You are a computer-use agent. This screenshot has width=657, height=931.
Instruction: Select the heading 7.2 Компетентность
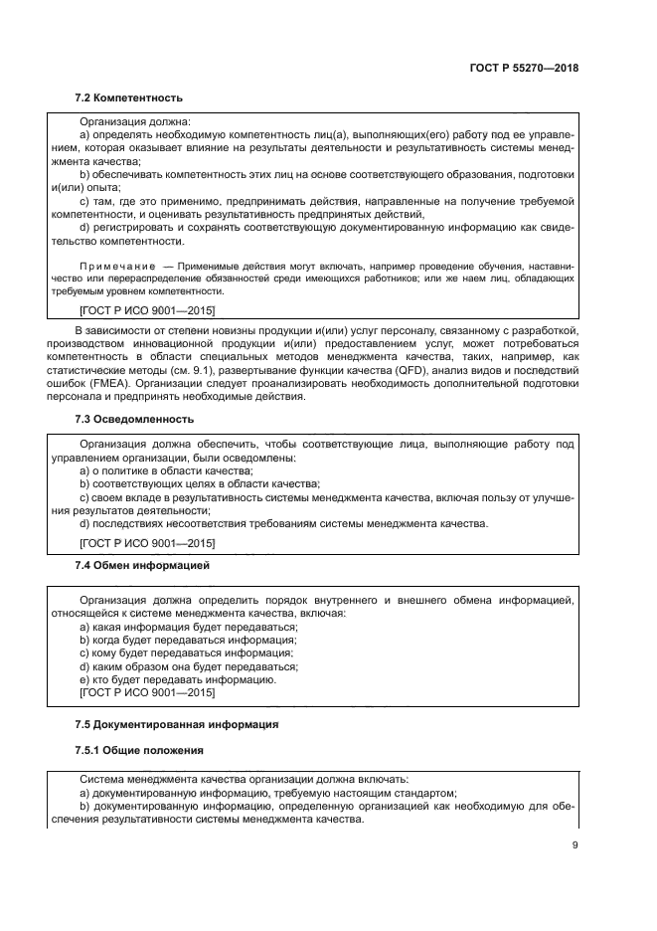[x=129, y=97]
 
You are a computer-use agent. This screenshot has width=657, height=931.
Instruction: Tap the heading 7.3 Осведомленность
[x=134, y=419]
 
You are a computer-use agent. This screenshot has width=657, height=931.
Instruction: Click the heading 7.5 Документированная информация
[x=177, y=724]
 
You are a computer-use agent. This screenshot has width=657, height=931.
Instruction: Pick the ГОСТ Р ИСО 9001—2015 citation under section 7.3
[x=146, y=542]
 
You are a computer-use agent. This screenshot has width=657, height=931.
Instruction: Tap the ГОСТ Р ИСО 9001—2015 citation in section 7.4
[x=146, y=692]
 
